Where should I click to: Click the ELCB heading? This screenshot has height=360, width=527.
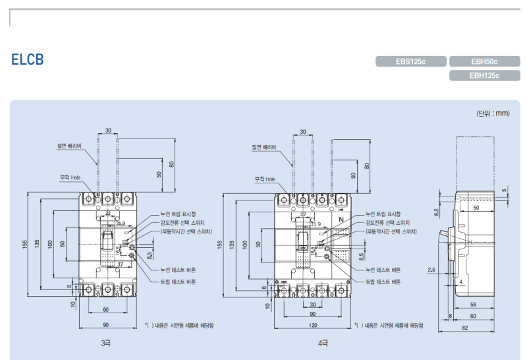click(x=27, y=60)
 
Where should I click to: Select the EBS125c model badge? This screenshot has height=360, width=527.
click(x=410, y=62)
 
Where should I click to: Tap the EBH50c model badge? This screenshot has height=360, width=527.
click(x=484, y=62)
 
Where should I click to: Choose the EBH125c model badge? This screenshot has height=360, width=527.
click(x=484, y=75)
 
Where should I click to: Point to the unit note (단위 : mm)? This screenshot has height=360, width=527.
click(x=493, y=113)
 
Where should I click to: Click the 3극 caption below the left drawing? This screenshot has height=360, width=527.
click(x=107, y=344)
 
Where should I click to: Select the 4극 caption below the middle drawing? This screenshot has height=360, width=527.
click(x=323, y=344)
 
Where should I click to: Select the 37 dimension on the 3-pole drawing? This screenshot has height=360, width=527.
click(x=121, y=264)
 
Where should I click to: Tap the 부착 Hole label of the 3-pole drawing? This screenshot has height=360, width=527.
click(x=70, y=177)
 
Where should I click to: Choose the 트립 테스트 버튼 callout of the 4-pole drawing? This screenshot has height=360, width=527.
click(x=383, y=282)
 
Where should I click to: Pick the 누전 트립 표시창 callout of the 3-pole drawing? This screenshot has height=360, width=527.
click(x=178, y=214)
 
